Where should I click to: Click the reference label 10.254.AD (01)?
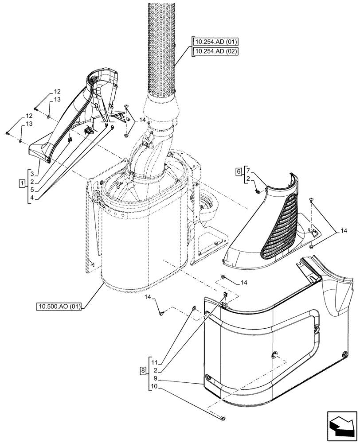pos(216,42)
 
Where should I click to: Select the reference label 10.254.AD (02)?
pos(216,51)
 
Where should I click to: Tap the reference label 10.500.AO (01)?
pos(58,306)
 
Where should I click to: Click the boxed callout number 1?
pos(21,183)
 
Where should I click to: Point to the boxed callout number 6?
pos(239,171)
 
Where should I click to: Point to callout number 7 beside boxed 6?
pos(248,171)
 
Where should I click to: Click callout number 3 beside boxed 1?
pos(32,173)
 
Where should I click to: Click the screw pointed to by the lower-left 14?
pos(161,314)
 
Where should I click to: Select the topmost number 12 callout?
pos(57,91)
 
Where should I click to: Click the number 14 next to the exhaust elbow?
pos(142,120)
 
